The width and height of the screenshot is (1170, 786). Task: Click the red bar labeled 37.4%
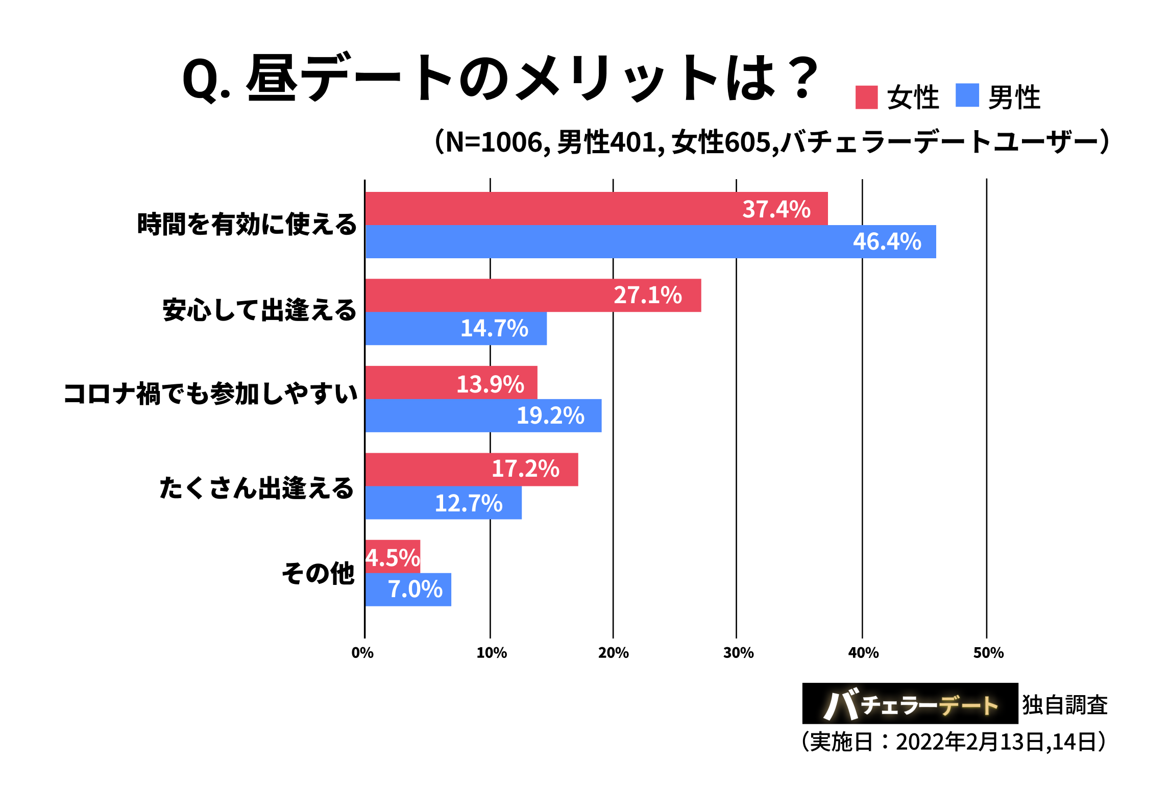pyautogui.click(x=596, y=208)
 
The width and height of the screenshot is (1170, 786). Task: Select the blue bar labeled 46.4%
pyautogui.click(x=650, y=241)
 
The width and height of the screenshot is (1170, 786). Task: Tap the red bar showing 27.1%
pyautogui.click(x=533, y=295)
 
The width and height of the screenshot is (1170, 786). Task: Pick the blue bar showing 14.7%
pyautogui.click(x=456, y=328)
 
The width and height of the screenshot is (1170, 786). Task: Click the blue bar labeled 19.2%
pyautogui.click(x=483, y=415)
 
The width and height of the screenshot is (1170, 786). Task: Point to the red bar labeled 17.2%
pyautogui.click(x=471, y=469)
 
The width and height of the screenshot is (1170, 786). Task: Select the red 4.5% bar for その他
pyautogui.click(x=393, y=556)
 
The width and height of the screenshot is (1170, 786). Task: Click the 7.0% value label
pyautogui.click(x=415, y=589)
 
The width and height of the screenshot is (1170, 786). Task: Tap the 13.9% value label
pyautogui.click(x=490, y=384)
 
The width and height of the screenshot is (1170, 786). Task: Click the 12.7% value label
pyautogui.click(x=469, y=503)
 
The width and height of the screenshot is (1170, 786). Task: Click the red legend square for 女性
pyautogui.click(x=866, y=97)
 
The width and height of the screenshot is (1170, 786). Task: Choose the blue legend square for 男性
pyautogui.click(x=967, y=95)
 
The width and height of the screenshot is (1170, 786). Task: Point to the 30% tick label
pyautogui.click(x=738, y=653)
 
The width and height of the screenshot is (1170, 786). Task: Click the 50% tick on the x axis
pyautogui.click(x=988, y=653)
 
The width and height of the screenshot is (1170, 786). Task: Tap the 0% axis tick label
pyautogui.click(x=362, y=653)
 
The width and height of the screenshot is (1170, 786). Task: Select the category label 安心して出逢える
pyautogui.click(x=259, y=310)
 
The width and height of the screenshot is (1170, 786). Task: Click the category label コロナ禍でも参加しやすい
pyautogui.click(x=210, y=394)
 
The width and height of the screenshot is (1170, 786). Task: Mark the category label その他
pyautogui.click(x=318, y=573)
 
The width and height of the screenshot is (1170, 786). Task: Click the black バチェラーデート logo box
pyautogui.click(x=910, y=703)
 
